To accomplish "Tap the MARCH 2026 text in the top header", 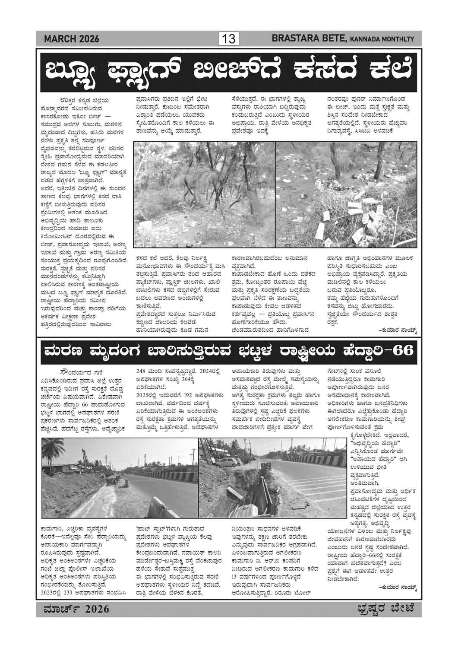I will [x=72, y=39].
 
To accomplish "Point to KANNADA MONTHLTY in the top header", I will [x=382, y=40].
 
